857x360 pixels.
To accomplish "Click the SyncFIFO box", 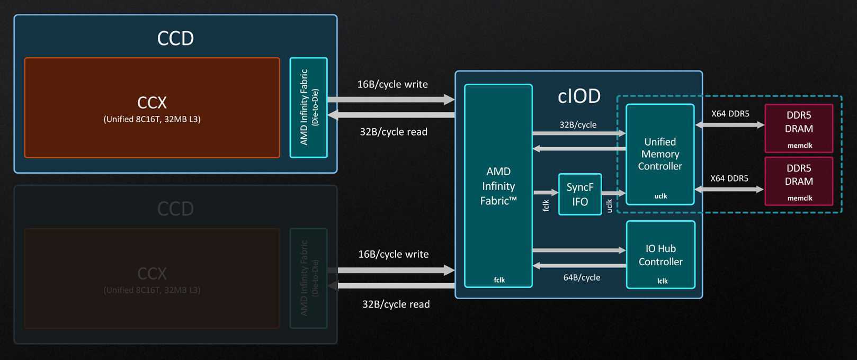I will (x=580, y=194).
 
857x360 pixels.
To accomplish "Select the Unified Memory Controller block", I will (x=660, y=154).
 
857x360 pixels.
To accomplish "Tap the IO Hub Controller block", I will (x=660, y=255).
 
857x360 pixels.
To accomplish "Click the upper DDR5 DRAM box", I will (x=799, y=128).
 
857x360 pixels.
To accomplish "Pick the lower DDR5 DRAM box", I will (x=799, y=181).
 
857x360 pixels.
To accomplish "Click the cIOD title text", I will (x=579, y=96).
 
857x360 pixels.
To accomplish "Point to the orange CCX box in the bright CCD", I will (x=152, y=107).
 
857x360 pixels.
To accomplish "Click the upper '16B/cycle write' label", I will (x=392, y=84).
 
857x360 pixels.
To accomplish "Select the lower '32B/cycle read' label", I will (x=396, y=304).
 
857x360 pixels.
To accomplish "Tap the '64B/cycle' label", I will (x=582, y=277).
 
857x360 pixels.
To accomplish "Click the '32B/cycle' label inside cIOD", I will (x=578, y=125).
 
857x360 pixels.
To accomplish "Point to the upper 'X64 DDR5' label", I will (x=730, y=114).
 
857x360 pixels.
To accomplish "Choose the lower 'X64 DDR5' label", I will (x=729, y=178).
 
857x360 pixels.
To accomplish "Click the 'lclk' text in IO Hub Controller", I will (x=662, y=281).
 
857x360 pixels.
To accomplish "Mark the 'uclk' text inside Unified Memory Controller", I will (x=660, y=196).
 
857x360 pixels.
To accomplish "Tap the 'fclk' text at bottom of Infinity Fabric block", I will (x=499, y=280).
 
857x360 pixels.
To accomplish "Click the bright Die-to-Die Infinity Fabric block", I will (x=309, y=107).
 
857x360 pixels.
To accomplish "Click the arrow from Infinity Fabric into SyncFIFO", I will (x=546, y=193).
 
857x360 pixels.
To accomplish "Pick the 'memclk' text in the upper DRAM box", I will (x=800, y=146).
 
